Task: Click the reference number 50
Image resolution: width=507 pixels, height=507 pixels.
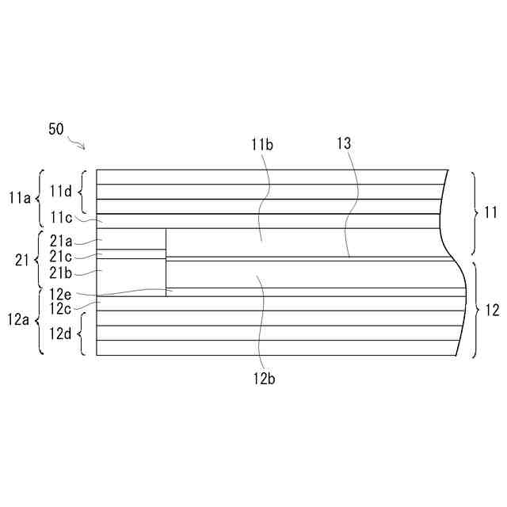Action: click(56, 130)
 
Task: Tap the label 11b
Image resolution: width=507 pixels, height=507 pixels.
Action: click(262, 144)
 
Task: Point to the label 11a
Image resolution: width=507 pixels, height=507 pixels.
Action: click(19, 198)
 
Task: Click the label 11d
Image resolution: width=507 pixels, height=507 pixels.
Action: click(61, 191)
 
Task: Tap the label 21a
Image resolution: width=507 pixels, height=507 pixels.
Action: click(60, 241)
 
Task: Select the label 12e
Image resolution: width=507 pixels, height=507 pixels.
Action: click(60, 294)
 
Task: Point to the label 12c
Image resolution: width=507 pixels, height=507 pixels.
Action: click(60, 307)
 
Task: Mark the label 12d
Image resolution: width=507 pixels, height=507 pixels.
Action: click(61, 334)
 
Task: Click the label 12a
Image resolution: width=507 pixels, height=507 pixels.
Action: click(19, 320)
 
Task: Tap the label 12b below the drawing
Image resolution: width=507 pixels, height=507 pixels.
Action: click(265, 378)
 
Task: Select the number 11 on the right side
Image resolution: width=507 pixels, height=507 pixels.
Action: click(491, 212)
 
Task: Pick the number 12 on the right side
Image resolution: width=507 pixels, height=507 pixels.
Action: click(491, 310)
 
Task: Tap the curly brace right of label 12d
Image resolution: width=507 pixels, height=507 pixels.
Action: click(82, 334)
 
